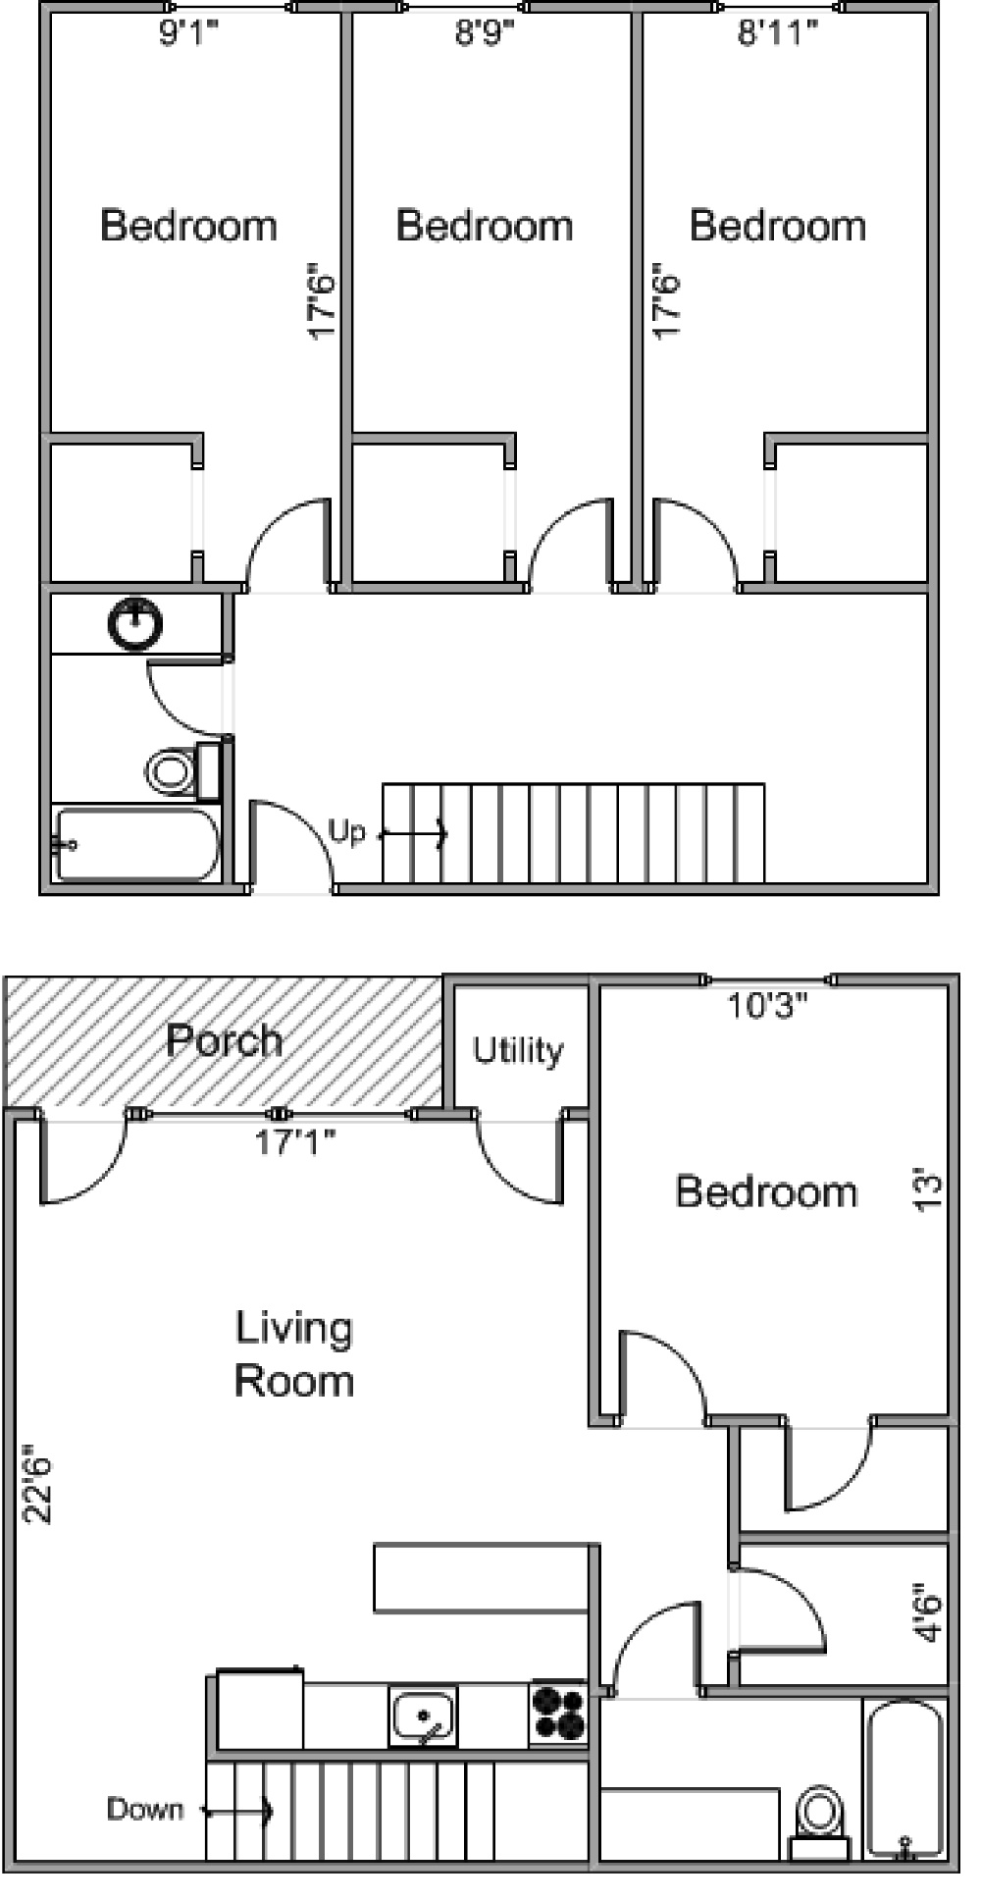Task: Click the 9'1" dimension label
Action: point(187,33)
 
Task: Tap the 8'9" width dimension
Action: point(485,33)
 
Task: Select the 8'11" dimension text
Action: point(778,33)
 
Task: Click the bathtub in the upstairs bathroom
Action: point(136,844)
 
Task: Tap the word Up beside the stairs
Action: point(346,832)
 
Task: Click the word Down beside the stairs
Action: point(144,1809)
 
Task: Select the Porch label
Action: point(225,1039)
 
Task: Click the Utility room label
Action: point(518,1050)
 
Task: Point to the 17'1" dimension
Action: point(295,1141)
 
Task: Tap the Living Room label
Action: point(293,1354)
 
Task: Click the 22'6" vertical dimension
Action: point(37,1483)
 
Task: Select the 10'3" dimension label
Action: point(767,1005)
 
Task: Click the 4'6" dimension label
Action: point(927,1612)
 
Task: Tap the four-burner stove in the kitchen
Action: point(558,1715)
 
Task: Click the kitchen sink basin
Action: point(423,1716)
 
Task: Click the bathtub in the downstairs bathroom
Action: point(905,1779)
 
